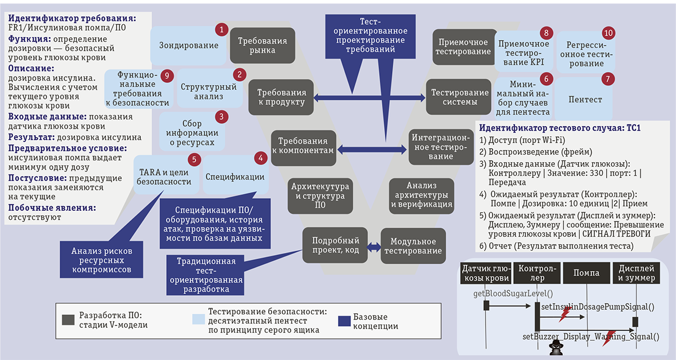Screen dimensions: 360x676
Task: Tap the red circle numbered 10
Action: pyautogui.click(x=609, y=32)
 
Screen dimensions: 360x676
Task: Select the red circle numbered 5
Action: pyautogui.click(x=194, y=159)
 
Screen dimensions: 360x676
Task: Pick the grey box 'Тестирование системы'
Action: pyautogui.click(x=456, y=97)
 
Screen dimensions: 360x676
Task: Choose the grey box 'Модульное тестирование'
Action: pyautogui.click(x=413, y=246)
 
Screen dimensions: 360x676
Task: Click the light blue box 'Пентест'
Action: pyautogui.click(x=586, y=100)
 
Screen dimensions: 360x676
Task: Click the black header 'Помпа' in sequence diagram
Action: pyautogui.click(x=586, y=273)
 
